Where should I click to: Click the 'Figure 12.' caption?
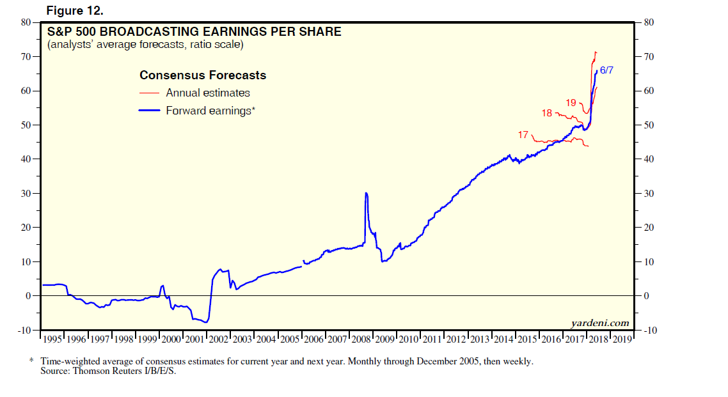[x=74, y=11]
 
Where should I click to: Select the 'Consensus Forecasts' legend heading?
[x=203, y=75]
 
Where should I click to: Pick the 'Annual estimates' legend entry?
[x=207, y=93]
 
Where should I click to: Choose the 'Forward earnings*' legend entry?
[x=210, y=111]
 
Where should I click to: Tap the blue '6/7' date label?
[x=606, y=70]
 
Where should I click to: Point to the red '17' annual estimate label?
[x=523, y=135]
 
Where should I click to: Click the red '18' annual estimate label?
[x=547, y=113]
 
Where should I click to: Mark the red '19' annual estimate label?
[x=571, y=102]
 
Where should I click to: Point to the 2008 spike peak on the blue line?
[x=365, y=193]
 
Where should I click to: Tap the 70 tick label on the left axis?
[x=26, y=56]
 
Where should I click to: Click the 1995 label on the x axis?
[x=52, y=339]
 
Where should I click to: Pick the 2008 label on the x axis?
[x=360, y=339]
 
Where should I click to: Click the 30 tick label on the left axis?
[x=26, y=193]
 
